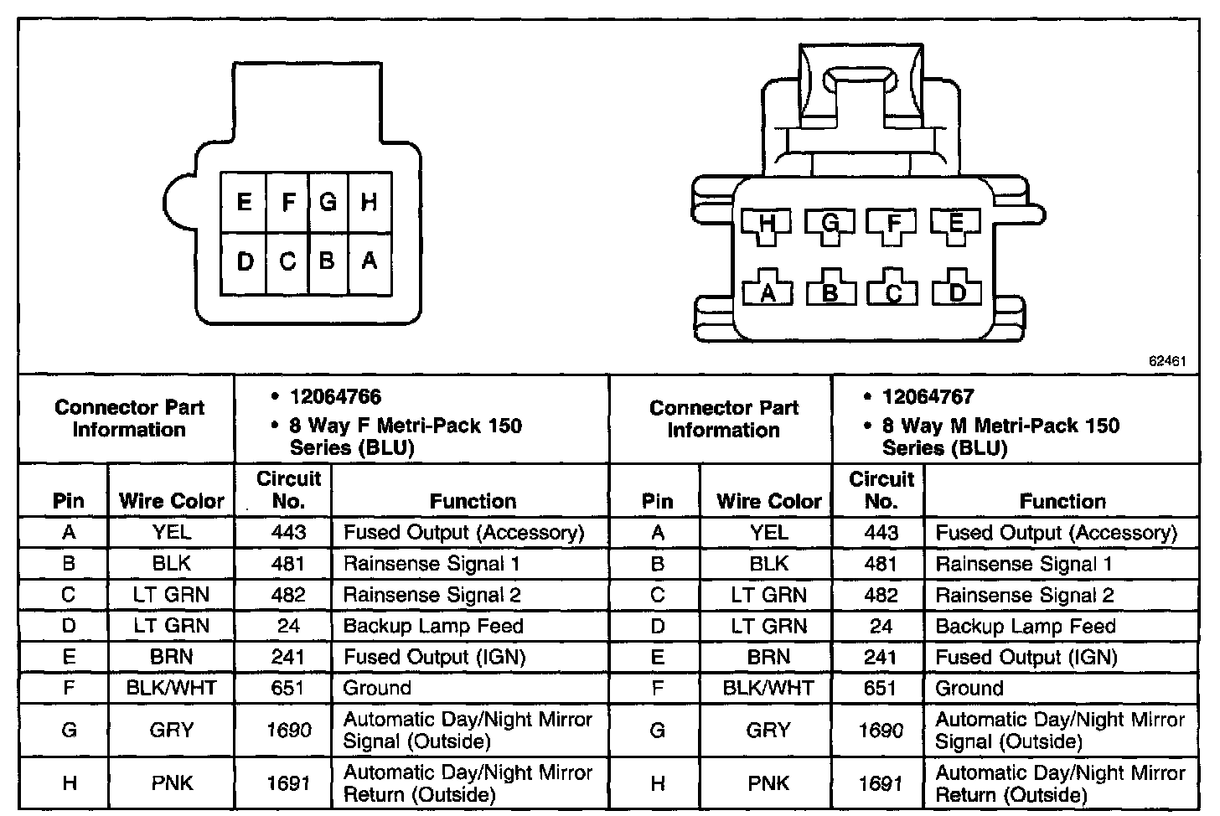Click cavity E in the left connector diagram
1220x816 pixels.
point(244,203)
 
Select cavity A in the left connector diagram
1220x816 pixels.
point(369,261)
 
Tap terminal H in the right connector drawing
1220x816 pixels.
point(766,224)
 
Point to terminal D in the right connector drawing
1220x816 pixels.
point(957,292)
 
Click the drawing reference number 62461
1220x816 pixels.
point(1167,362)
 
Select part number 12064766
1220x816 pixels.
point(335,397)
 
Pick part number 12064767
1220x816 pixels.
point(928,397)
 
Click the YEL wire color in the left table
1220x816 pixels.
point(172,532)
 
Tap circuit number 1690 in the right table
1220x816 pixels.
point(881,731)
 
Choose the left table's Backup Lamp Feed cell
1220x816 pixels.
point(433,626)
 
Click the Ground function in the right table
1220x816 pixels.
point(969,689)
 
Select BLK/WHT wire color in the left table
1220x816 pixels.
point(172,689)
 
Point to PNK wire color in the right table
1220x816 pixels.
point(768,783)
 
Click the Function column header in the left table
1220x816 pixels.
point(473,501)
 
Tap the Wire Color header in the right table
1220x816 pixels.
point(768,501)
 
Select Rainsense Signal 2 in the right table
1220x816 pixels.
point(1025,596)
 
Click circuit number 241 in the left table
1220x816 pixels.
point(287,657)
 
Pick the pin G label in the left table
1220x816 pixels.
point(69,731)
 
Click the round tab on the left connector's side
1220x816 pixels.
point(177,204)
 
